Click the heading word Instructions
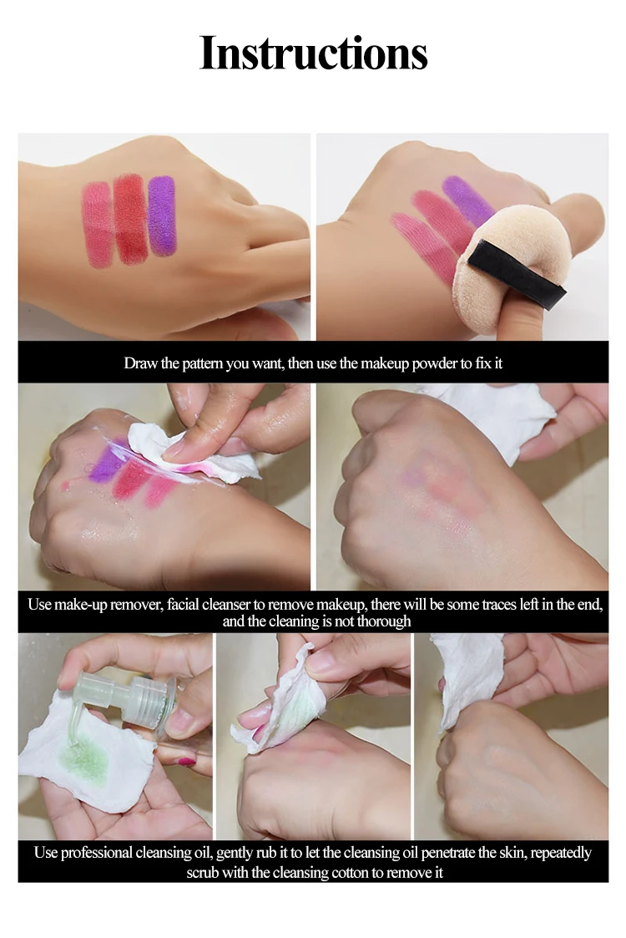[x=313, y=53]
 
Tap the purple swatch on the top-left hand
[x=161, y=215]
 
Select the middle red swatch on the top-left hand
[x=130, y=219]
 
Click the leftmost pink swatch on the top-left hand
[x=98, y=225]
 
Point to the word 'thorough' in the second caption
[x=384, y=621]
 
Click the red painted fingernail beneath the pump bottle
[x=186, y=762]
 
